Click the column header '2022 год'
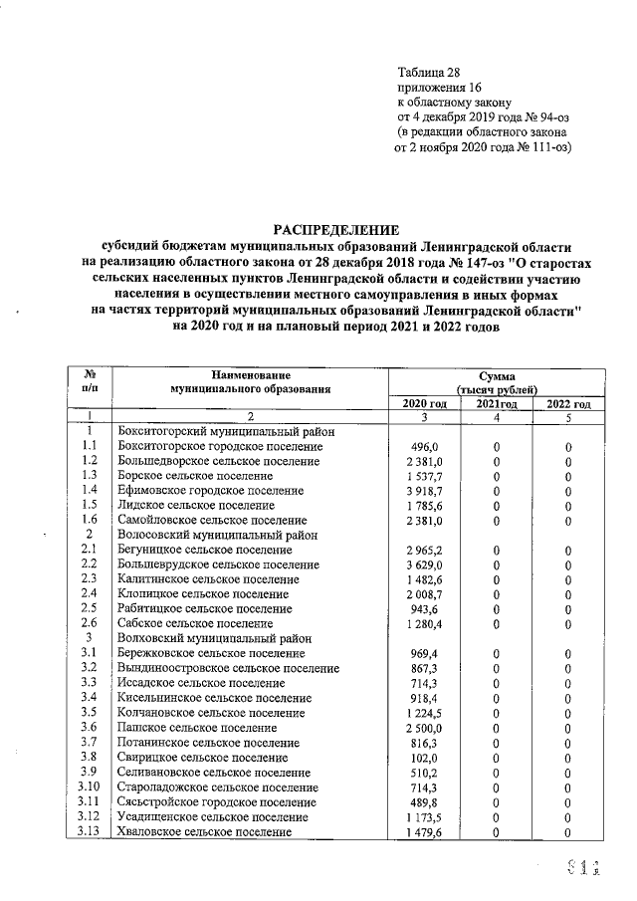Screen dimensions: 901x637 [x=568, y=403]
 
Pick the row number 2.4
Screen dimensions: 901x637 [x=89, y=592]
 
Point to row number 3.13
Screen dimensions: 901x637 [x=89, y=831]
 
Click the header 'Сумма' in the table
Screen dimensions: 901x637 [x=497, y=374]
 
